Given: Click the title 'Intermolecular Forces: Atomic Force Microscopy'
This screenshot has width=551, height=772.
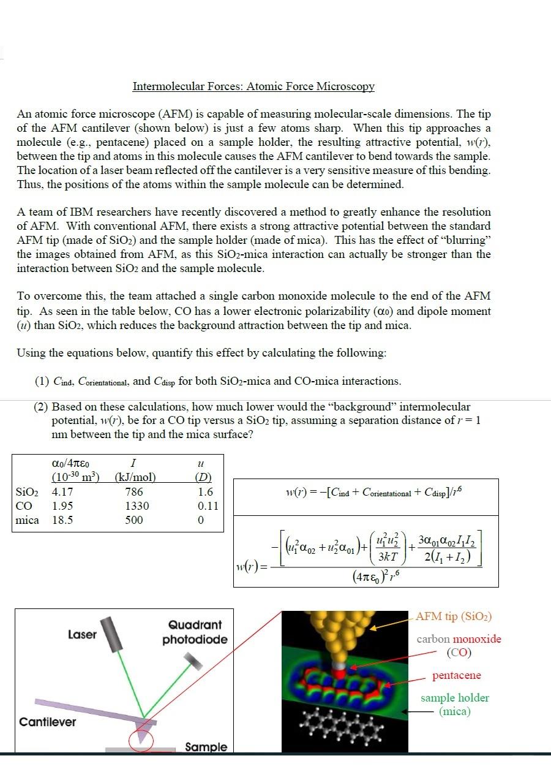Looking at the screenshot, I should click(x=253, y=86).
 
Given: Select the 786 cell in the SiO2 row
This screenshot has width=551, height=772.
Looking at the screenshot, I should click(x=133, y=492).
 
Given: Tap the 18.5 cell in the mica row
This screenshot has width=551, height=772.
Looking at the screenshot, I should click(x=63, y=520).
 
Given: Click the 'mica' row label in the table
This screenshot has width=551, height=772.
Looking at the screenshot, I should click(x=27, y=520).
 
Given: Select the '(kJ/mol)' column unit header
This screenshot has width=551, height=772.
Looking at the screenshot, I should click(x=135, y=477).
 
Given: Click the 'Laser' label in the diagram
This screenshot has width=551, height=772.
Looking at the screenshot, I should click(x=82, y=635).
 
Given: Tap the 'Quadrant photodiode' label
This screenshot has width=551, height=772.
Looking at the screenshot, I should click(x=195, y=632).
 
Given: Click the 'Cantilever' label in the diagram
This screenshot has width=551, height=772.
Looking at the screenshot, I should click(x=48, y=722).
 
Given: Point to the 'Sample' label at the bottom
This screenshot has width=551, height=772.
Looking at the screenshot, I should click(x=206, y=747).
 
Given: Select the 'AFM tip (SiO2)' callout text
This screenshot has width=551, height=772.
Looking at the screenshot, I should click(x=454, y=616).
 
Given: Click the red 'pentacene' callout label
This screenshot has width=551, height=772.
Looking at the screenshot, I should click(x=457, y=675).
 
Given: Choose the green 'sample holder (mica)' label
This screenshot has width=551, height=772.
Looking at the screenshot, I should click(x=454, y=705).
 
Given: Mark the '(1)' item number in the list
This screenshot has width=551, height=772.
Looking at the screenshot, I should click(x=42, y=381).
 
